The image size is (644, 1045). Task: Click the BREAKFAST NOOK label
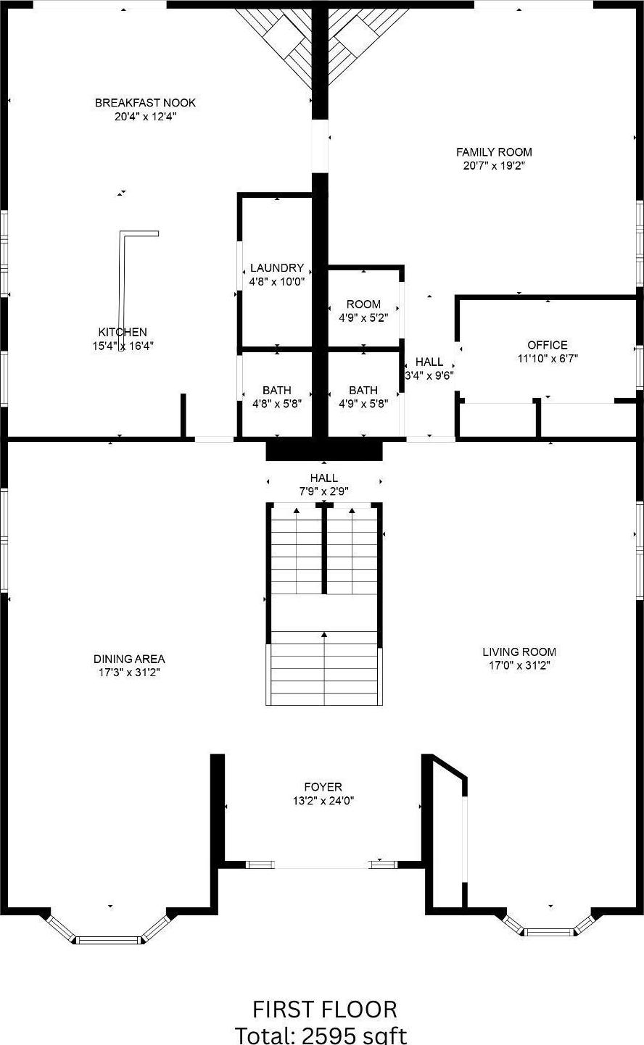pyautogui.click(x=145, y=103)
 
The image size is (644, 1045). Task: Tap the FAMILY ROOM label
pyautogui.click(x=494, y=152)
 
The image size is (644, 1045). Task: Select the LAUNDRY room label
pyautogui.click(x=276, y=268)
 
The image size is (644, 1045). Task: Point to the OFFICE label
pyautogui.click(x=548, y=345)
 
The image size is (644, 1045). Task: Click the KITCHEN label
pyautogui.click(x=123, y=332)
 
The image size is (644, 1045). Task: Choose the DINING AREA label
pyautogui.click(x=129, y=659)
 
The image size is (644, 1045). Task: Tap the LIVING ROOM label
pyautogui.click(x=519, y=651)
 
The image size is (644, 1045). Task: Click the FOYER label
pyautogui.click(x=323, y=787)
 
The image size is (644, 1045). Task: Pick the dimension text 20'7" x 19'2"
pyautogui.click(x=494, y=166)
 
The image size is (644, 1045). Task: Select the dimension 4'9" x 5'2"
pyautogui.click(x=363, y=317)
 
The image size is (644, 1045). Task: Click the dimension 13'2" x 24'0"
pyautogui.click(x=323, y=801)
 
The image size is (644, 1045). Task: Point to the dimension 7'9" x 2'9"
pyautogui.click(x=323, y=491)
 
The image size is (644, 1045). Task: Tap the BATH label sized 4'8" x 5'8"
pyautogui.click(x=276, y=390)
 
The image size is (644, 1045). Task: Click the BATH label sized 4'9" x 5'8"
pyautogui.click(x=363, y=390)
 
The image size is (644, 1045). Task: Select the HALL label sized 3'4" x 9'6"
pyautogui.click(x=429, y=362)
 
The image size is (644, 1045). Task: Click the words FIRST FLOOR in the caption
pyautogui.click(x=324, y=1009)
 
